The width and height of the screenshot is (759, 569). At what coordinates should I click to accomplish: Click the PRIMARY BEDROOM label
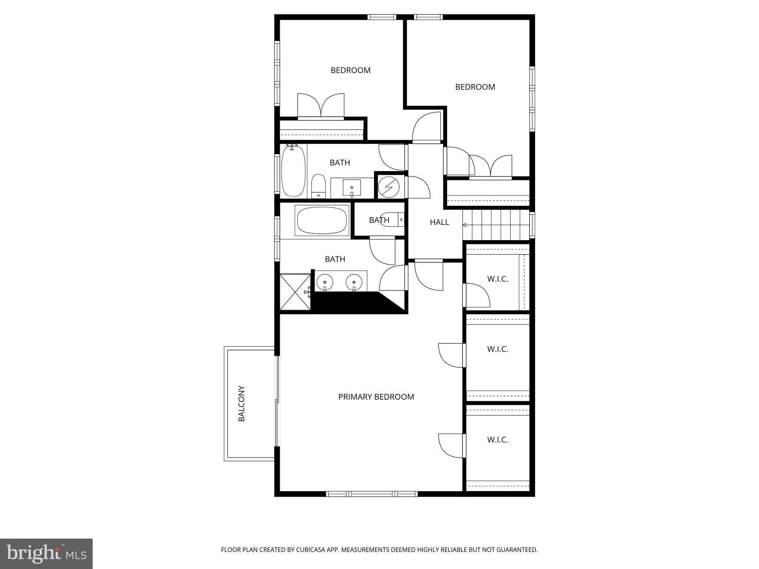click(x=376, y=397)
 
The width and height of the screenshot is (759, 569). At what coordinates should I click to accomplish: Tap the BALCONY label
click(x=242, y=403)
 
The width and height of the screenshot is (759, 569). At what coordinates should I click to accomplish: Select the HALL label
click(x=439, y=222)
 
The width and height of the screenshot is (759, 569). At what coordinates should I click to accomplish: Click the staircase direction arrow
click(x=465, y=225)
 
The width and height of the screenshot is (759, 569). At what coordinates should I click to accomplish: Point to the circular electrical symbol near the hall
click(x=389, y=187)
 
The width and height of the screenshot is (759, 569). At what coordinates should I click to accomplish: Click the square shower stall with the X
click(x=295, y=292)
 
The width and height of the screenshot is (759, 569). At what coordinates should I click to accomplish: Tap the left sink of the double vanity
click(x=325, y=282)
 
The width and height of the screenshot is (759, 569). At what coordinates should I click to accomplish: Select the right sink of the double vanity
click(x=354, y=282)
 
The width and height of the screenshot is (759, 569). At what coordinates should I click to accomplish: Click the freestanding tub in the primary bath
click(x=322, y=220)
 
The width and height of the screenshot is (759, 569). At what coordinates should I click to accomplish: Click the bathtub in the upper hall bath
click(x=293, y=170)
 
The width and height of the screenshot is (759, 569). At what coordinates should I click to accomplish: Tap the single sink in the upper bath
click(x=351, y=188)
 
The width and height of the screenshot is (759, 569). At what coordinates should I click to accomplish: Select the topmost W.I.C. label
click(x=497, y=279)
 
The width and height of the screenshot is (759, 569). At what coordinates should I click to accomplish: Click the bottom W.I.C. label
click(x=497, y=440)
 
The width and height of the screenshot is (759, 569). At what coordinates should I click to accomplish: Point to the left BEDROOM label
click(x=350, y=70)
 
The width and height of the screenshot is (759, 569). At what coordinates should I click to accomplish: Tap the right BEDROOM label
click(x=475, y=87)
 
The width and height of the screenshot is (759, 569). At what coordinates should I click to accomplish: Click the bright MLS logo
click(x=46, y=553)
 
